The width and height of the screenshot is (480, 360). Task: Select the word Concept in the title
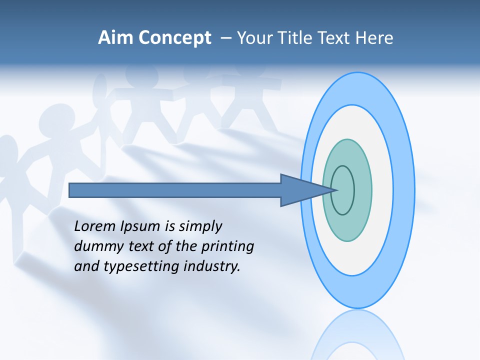[174, 38]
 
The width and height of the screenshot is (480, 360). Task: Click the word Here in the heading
[374, 38]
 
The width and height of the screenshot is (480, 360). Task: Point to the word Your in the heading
[254, 38]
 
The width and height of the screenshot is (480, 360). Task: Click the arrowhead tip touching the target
[336, 190]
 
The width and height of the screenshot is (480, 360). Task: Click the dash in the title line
[225, 38]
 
